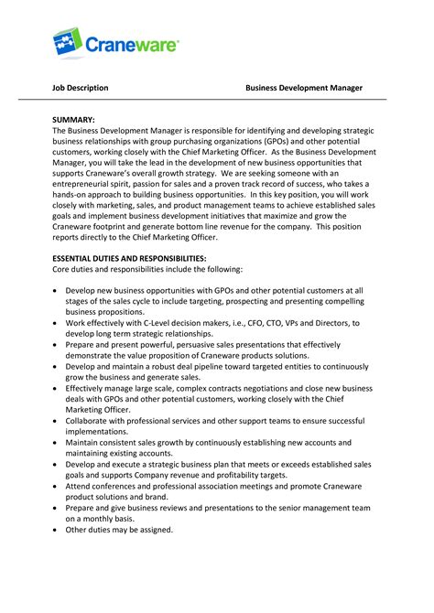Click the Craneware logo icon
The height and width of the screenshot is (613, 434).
click(x=69, y=43)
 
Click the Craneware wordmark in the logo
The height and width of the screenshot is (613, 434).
click(x=132, y=44)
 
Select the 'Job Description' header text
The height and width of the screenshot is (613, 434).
click(x=80, y=88)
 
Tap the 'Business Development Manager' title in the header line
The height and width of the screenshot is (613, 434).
click(x=304, y=88)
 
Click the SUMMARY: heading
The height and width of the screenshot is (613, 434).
click(x=73, y=120)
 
